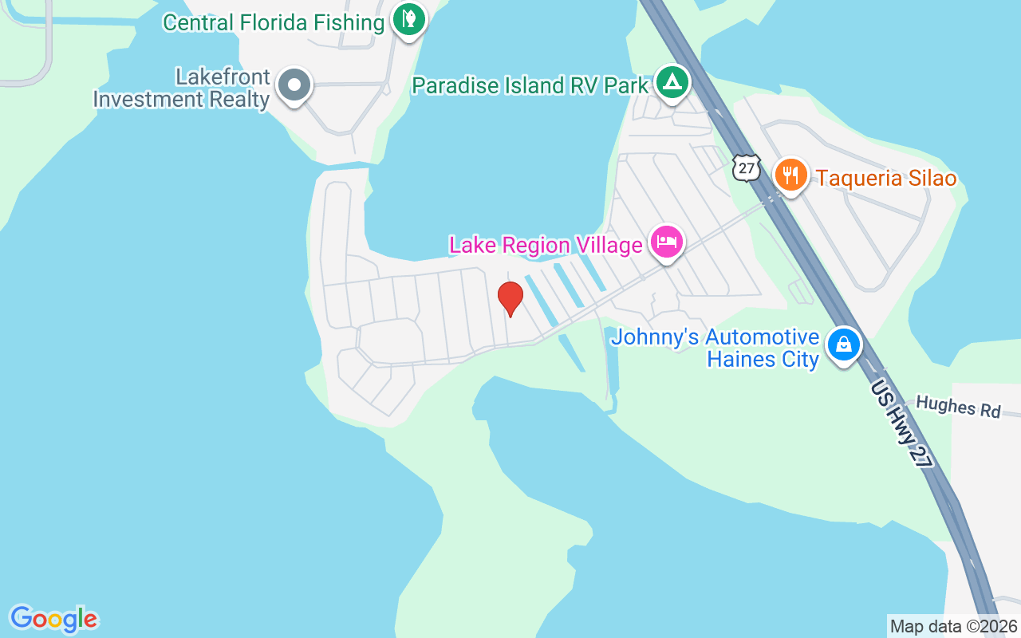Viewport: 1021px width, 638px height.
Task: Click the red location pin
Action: click(510, 298)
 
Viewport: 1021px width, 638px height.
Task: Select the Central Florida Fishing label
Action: click(274, 22)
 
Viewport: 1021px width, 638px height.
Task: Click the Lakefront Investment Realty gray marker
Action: click(294, 85)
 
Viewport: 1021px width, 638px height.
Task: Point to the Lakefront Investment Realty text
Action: click(182, 89)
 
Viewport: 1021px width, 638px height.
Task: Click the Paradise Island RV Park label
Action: click(530, 85)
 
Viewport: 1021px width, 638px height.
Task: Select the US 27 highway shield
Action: click(746, 168)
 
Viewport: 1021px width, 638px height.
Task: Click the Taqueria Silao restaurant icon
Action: click(790, 175)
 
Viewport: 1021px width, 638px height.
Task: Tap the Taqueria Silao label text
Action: click(885, 178)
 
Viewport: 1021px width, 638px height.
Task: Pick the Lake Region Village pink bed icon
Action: click(667, 241)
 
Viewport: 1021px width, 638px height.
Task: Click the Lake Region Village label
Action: click(546, 245)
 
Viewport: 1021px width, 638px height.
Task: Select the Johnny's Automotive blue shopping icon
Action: click(844, 345)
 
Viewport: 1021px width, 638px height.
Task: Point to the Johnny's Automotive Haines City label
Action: click(715, 349)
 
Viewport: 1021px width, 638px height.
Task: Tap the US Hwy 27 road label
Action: click(902, 423)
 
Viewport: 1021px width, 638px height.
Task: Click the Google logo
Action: click(53, 619)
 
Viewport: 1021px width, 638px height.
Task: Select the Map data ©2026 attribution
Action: click(953, 626)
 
